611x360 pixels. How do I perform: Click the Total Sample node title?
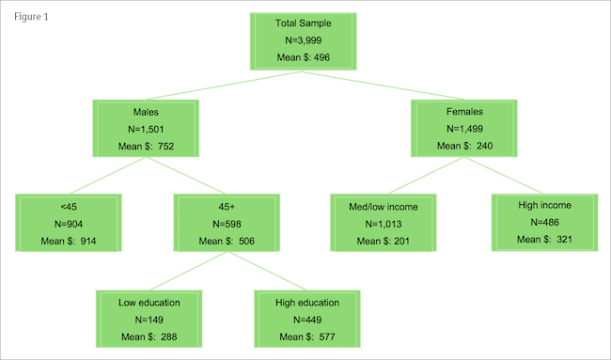[304, 23]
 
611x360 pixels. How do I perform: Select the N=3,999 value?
[304, 40]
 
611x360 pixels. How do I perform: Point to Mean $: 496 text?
[304, 58]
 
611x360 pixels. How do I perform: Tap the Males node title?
[146, 112]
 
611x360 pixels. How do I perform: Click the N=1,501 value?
[146, 129]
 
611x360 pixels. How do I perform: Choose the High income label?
[544, 204]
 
